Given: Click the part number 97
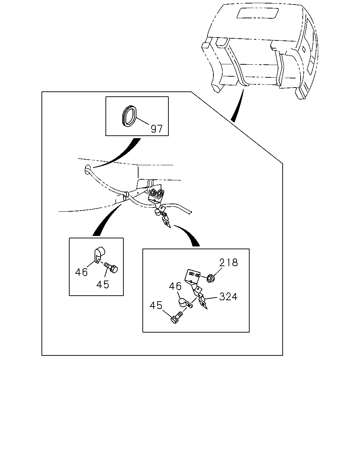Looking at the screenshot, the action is [x=156, y=129].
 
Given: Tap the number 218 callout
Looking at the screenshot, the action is [x=229, y=262].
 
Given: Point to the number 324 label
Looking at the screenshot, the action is [x=228, y=296].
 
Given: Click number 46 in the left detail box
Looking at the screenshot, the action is [x=81, y=272].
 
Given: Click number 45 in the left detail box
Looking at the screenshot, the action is [x=103, y=284].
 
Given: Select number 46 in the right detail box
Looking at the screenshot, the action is [x=175, y=286].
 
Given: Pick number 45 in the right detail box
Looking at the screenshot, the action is [x=156, y=306].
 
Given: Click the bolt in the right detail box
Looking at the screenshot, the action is [x=177, y=319].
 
